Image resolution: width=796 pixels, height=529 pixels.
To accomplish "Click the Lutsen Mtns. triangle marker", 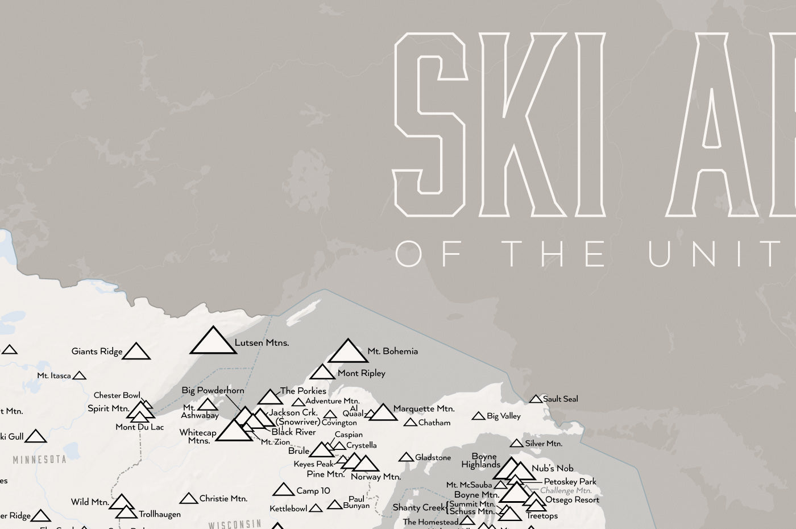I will (213, 341).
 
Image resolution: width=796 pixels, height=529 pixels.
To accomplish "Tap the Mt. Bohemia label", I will (392, 352).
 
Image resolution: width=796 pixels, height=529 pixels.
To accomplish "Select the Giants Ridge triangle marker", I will (136, 352).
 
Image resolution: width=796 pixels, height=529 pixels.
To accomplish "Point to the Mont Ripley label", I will (361, 374).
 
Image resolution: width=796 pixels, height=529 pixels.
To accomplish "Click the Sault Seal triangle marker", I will (536, 399).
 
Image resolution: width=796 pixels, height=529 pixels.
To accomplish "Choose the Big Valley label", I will (503, 416).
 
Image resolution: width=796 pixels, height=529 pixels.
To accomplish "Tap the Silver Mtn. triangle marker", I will (516, 443).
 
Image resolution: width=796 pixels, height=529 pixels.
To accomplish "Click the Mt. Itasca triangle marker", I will (80, 375).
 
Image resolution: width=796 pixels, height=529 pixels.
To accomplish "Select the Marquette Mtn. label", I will (424, 409).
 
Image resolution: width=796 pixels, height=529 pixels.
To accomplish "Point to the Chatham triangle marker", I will (410, 423).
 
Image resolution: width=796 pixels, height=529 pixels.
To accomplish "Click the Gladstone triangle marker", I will (406, 457).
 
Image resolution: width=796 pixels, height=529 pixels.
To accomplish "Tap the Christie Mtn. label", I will (223, 499).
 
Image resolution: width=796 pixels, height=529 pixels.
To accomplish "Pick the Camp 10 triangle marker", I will (283, 490).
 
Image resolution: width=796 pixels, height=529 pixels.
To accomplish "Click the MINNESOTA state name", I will (40, 459).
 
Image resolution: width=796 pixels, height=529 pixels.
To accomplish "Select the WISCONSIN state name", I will (234, 524).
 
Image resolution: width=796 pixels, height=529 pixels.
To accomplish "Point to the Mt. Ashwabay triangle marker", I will (208, 404).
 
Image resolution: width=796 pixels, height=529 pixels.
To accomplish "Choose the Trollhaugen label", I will (160, 514).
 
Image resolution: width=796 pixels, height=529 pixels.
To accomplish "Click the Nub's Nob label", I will (552, 469).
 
